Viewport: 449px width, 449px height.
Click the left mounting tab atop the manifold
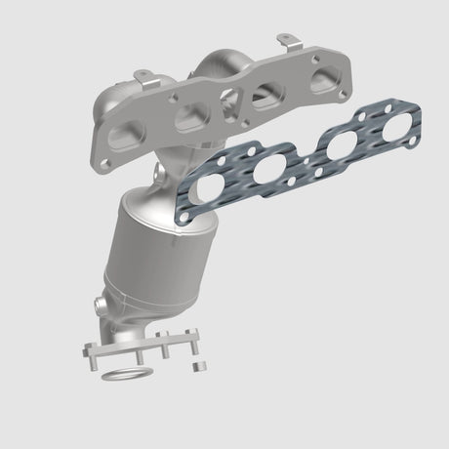[143, 74]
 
